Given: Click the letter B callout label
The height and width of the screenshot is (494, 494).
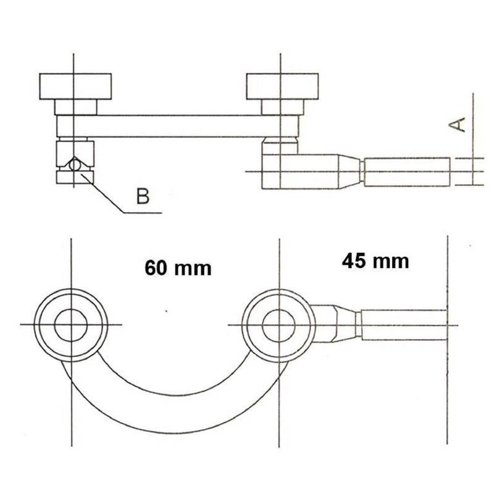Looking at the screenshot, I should tap(143, 196).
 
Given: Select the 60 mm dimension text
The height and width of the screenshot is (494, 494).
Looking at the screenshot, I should tap(178, 268).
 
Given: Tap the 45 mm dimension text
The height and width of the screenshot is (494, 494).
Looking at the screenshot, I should tap(375, 261).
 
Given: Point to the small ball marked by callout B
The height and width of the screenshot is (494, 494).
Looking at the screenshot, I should tap(74, 165).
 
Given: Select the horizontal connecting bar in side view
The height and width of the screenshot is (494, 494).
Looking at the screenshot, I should tap(179, 126).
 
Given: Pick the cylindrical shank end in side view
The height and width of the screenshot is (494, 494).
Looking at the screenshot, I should tap(408, 172).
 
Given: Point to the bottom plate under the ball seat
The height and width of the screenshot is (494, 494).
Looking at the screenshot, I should tap(74, 178).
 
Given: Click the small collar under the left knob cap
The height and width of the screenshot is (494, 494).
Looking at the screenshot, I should tap(75, 107).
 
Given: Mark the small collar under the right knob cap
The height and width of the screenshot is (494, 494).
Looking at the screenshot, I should tap(281, 107).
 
